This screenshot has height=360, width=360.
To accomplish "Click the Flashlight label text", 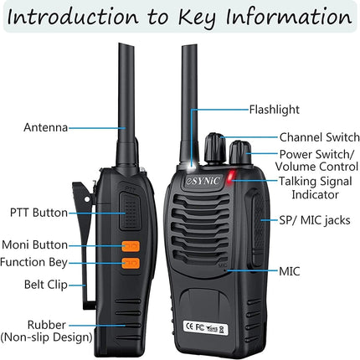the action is coord(274,110).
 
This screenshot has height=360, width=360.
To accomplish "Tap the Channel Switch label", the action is coord(320,137).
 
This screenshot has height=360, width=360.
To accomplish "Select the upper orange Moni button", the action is coord(131,246).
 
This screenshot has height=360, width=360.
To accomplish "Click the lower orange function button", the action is coord(131,263).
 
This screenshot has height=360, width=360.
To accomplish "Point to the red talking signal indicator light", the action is coord(231,177).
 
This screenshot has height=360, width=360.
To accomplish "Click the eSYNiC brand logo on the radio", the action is coord(203,181).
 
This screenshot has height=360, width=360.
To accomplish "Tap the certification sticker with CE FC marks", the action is coord(205,327).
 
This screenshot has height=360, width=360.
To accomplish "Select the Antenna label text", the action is coord(46,127).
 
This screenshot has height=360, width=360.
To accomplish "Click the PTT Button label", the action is coord(39,213).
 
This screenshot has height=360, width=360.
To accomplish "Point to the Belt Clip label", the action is coord(46,285).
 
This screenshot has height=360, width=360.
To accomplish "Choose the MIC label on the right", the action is coord(290,271).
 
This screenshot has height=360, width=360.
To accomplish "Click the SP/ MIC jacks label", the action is coord(315,220).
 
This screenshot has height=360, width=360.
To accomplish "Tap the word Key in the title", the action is coord(197,18).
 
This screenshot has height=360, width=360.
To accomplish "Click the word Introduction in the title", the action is coord(73,17).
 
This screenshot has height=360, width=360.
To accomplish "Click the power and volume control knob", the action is coord(240,154).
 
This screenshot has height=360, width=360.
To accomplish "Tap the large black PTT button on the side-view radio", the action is coord(130,211).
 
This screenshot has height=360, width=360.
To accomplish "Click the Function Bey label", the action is coord(33,262).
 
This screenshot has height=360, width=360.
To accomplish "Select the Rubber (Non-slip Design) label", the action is coord(46,331).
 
